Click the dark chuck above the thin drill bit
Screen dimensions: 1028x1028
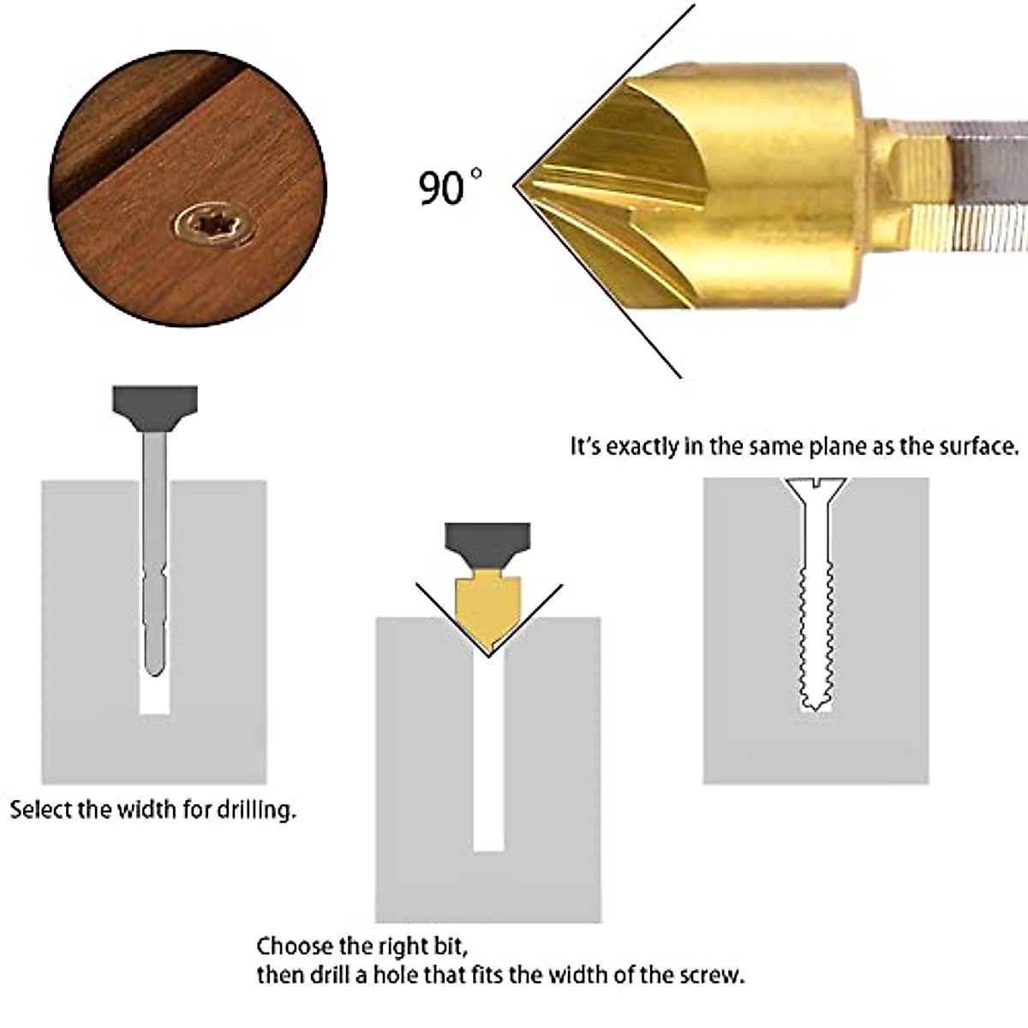click(x=155, y=407)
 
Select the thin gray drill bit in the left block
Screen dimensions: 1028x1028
click(x=154, y=557)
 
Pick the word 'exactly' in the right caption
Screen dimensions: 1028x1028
click(x=642, y=446)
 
